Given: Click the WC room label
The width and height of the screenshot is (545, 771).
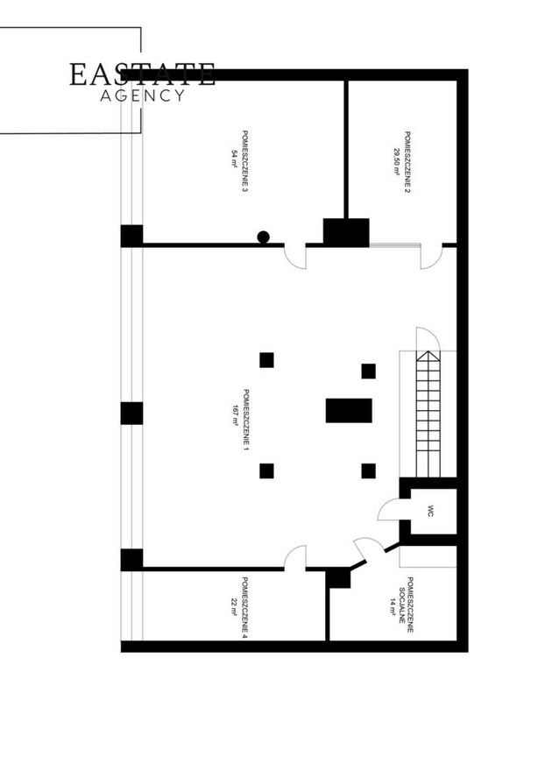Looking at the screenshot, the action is coord(430,512).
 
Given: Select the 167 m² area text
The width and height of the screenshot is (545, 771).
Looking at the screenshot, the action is coord(235,415).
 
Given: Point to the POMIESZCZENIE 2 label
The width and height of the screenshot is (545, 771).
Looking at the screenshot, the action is coord(407,161).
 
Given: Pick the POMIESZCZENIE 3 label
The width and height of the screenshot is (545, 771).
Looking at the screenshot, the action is coord(245,161).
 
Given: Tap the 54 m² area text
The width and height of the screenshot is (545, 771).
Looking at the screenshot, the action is coord(234,159).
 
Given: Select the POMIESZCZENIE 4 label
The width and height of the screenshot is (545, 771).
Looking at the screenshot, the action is coord(245,608).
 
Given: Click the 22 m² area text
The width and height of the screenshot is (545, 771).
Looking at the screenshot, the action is coord(234,607).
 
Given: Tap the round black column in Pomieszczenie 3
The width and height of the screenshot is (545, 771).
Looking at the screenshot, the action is coord(263,237).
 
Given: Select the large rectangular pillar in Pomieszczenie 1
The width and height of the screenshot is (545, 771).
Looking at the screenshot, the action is coord(349,411).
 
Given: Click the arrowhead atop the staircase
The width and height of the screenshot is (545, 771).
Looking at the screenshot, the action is coord(428,356).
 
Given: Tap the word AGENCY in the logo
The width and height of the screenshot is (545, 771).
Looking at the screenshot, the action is coord(143,95).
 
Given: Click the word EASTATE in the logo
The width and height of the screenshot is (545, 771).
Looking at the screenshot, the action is coord(142,74).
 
